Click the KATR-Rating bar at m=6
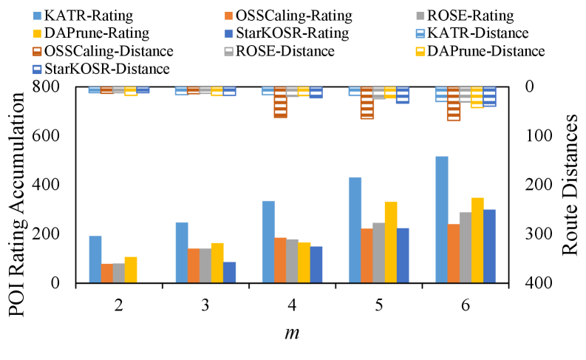[x=441, y=220]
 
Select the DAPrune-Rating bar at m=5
[x=390, y=242]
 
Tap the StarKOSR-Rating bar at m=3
[x=229, y=272]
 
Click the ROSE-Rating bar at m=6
[x=465, y=247]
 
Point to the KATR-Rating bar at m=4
[x=268, y=242]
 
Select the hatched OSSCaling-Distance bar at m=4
[x=280, y=102]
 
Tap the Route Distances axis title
[x=570, y=185]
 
